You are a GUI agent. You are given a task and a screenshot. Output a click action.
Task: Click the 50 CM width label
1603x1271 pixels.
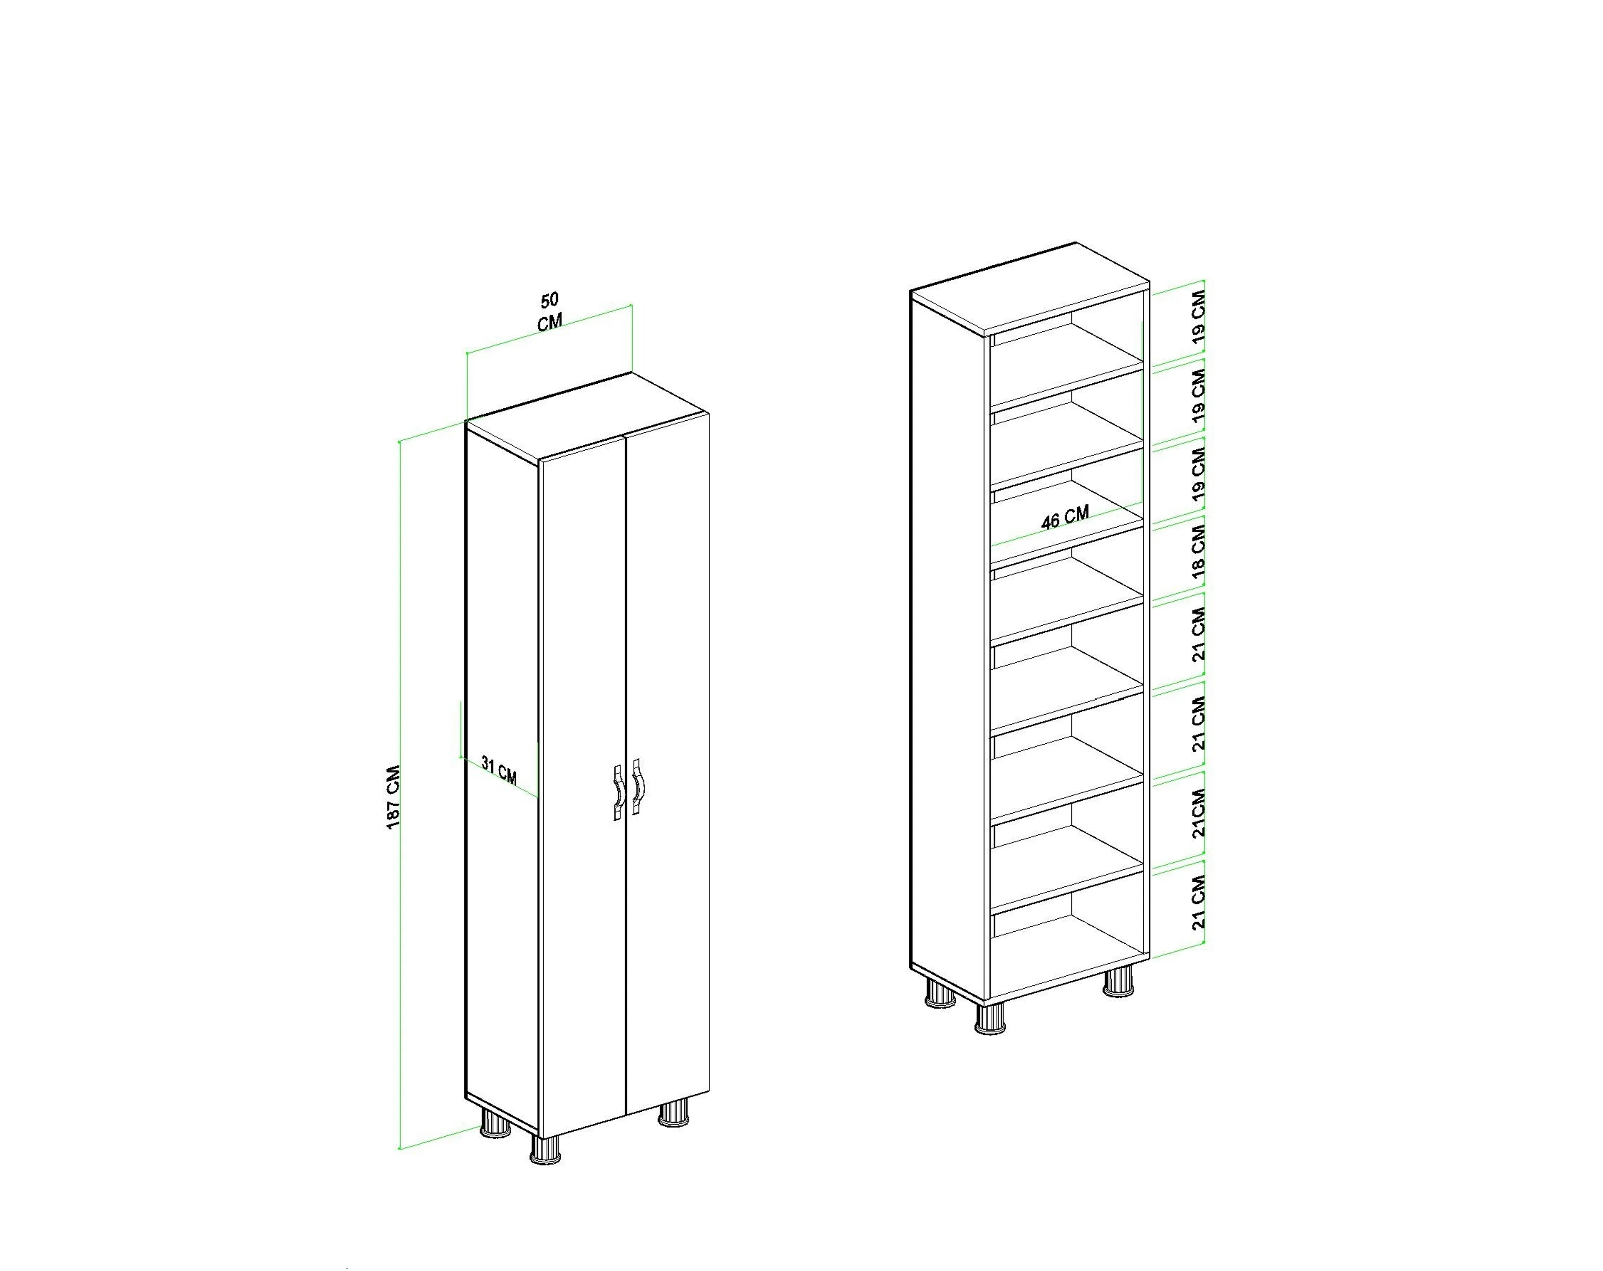[550, 312]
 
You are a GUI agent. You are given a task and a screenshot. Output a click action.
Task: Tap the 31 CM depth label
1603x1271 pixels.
[499, 770]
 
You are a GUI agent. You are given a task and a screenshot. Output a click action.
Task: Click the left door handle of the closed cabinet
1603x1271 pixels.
[618, 791]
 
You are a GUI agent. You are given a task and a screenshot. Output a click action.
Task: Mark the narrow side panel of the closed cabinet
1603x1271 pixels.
[502, 777]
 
